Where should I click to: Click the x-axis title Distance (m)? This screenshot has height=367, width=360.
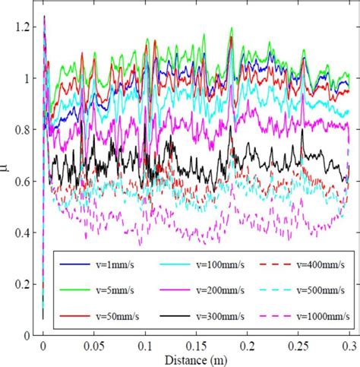coord(197,357)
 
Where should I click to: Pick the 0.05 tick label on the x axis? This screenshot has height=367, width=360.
coord(94,344)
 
